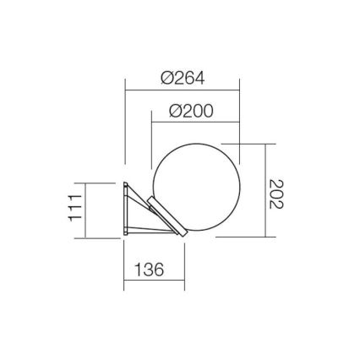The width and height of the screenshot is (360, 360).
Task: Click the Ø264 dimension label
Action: [183, 78]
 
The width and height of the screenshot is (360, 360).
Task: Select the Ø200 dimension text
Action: [191, 111]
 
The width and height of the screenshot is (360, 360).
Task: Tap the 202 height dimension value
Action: [276, 194]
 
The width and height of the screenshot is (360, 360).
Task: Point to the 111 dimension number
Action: [75, 208]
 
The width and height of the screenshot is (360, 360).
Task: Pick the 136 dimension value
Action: [150, 270]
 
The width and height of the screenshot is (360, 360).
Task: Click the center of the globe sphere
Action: [196, 188]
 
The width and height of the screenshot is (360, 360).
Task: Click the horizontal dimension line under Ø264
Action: [183, 90]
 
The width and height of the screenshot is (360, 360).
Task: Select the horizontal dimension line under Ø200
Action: [195, 123]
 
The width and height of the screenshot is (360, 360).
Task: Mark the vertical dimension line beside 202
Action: [265, 190]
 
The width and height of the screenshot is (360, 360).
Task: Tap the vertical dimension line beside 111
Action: [85, 210]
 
